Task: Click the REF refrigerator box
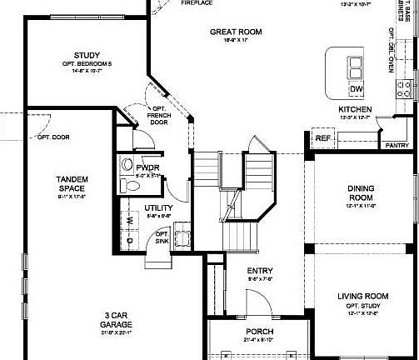click(x=322, y=138)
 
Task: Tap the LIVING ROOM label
click(x=363, y=296)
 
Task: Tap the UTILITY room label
click(x=158, y=207)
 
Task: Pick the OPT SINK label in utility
click(x=163, y=237)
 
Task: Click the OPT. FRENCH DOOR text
click(x=157, y=114)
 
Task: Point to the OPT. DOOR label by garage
click(x=55, y=136)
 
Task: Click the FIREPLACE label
click(x=197, y=2)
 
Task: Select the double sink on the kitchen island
click(x=356, y=67)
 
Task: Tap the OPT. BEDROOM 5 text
click(x=87, y=64)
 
